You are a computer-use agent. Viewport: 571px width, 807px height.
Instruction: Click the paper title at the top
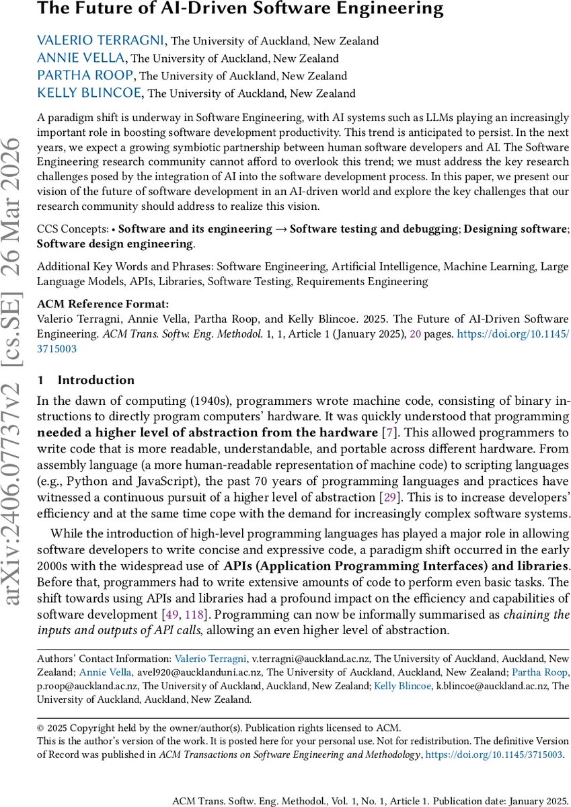pyautogui.click(x=240, y=9)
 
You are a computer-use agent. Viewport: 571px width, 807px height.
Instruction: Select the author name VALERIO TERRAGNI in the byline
pyautogui.click(x=101, y=41)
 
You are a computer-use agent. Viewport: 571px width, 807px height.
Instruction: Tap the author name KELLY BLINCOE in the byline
pyautogui.click(x=89, y=93)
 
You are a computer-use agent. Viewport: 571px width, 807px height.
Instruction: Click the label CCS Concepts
pyautogui.click(x=73, y=229)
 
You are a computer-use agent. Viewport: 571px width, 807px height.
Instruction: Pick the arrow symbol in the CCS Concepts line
pyautogui.click(x=280, y=229)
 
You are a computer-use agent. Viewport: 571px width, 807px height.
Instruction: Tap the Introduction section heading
pyautogui.click(x=96, y=380)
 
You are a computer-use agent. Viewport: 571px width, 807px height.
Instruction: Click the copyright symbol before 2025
pyautogui.click(x=40, y=728)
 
